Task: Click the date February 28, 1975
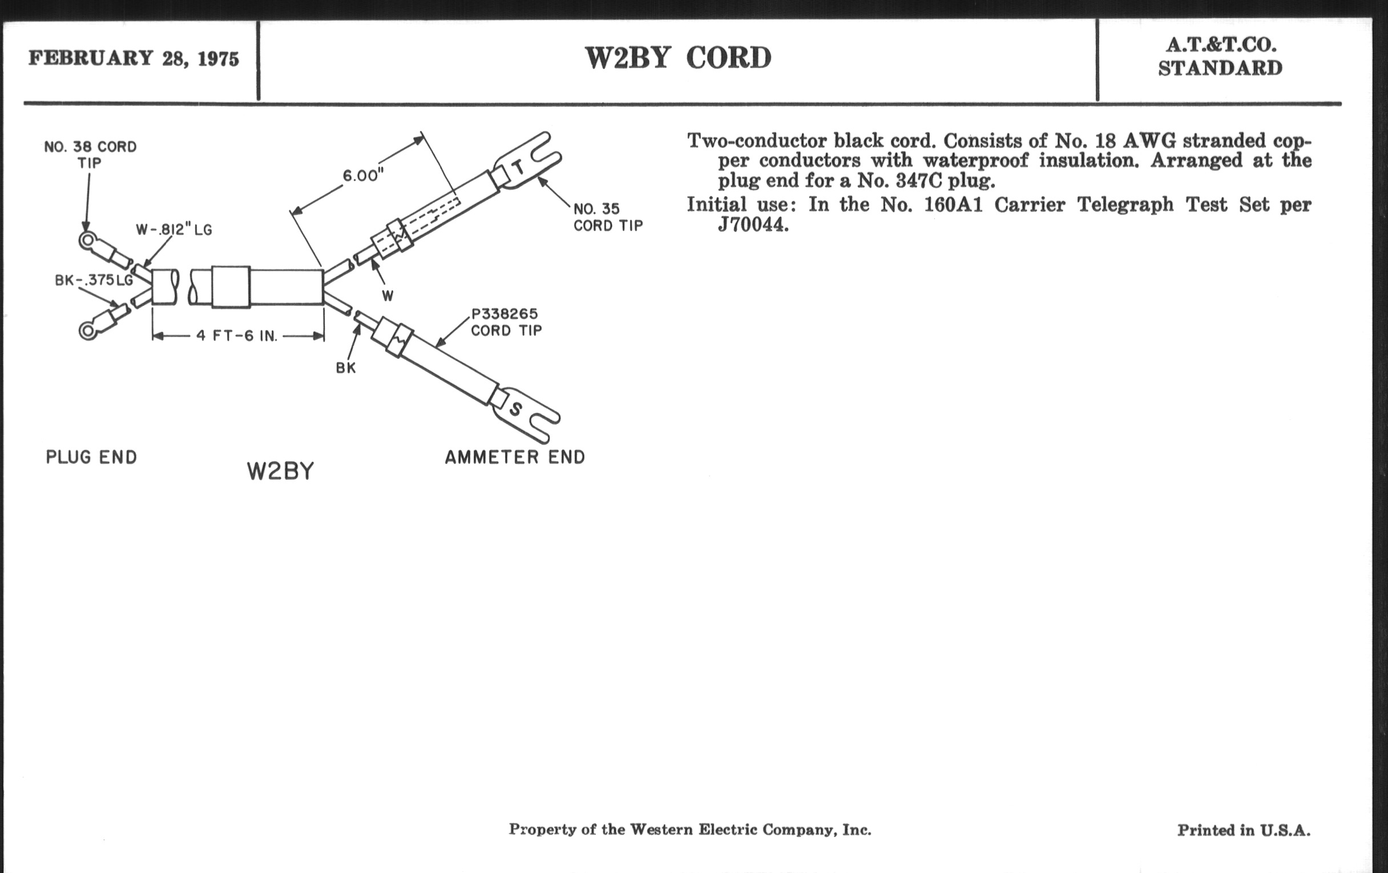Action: click(133, 59)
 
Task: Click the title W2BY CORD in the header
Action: click(678, 58)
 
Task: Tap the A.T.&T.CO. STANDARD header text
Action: click(1220, 56)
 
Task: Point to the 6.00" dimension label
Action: click(363, 175)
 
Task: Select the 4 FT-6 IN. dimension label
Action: click(237, 336)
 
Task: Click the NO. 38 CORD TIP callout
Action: click(91, 155)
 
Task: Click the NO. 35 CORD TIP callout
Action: click(608, 217)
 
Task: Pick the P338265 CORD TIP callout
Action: click(506, 322)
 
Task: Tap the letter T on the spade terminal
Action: click(519, 167)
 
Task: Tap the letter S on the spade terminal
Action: click(516, 409)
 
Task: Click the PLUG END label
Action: click(91, 458)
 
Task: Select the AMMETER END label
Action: click(515, 458)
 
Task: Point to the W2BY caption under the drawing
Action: click(280, 472)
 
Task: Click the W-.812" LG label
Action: click(174, 230)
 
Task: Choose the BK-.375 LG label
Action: click(94, 280)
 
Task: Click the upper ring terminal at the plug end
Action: click(88, 240)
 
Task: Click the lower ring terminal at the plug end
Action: click(88, 330)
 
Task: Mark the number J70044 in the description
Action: click(752, 224)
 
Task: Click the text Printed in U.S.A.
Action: click(1243, 830)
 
